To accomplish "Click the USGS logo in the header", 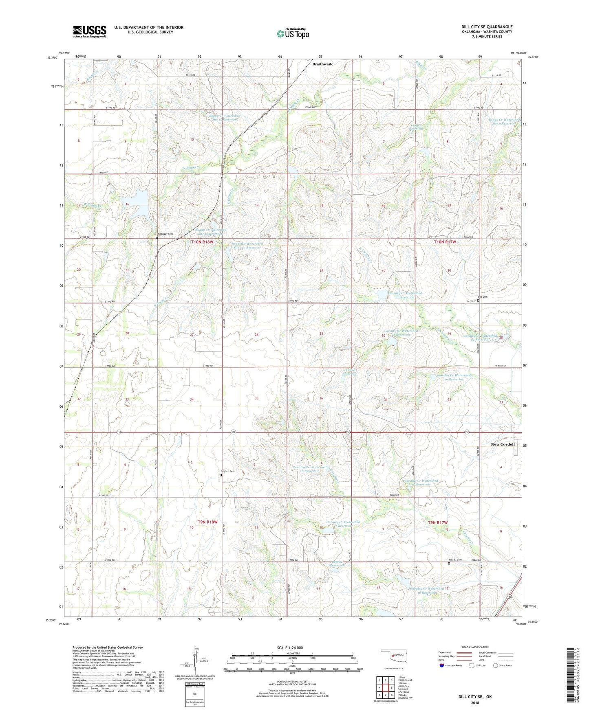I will click(x=89, y=31).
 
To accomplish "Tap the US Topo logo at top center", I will click(x=292, y=33).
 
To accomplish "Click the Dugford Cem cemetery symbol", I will click(x=221, y=475).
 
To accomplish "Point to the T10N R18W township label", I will click(x=202, y=242).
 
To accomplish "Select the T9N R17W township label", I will click(x=437, y=522).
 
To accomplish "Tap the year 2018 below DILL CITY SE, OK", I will click(x=475, y=702).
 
